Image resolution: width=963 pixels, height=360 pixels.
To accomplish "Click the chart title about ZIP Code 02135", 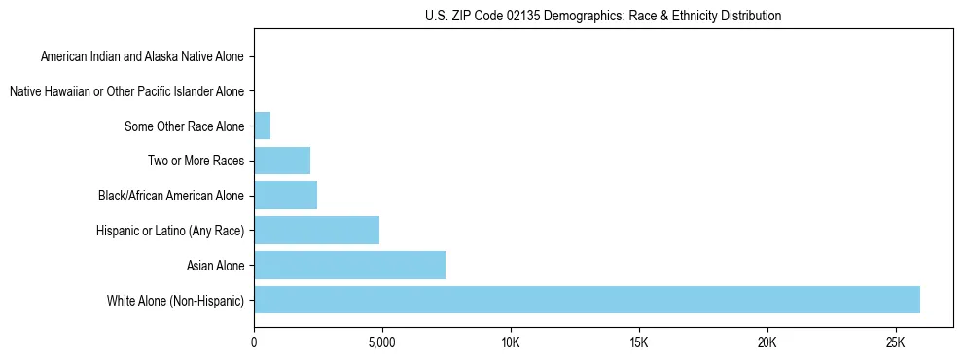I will point(603,16).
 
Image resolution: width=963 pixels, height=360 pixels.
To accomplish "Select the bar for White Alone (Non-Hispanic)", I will point(587,300).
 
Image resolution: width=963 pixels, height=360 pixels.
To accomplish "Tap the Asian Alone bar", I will point(349,265).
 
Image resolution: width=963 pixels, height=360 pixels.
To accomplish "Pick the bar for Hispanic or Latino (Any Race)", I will point(316,230).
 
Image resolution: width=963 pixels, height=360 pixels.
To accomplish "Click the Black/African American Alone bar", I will point(285,195).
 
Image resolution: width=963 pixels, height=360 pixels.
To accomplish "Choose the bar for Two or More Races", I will point(282,161).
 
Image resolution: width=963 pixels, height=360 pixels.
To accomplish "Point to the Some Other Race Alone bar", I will point(262,126).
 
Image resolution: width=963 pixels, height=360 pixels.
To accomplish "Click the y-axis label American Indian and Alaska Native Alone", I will point(142,56).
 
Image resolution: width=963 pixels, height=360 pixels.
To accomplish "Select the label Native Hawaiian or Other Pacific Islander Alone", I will point(126,91).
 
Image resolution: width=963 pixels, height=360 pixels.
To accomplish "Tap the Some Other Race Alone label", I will point(184,126).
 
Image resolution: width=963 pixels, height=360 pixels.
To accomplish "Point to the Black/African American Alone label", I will point(171,196).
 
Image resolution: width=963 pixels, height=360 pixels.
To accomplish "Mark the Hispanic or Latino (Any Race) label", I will point(170,231).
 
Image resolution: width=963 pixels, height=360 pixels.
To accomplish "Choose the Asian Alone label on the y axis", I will point(215,265).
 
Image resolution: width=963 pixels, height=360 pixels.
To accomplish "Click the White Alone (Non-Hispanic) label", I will point(176,300).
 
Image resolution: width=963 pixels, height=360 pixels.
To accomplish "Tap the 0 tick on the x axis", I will point(254,342).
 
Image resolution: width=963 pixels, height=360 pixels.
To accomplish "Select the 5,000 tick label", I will point(382,342).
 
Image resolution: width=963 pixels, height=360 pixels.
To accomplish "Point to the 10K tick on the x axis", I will point(511,342).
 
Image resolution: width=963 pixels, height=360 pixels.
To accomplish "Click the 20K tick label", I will point(767,342).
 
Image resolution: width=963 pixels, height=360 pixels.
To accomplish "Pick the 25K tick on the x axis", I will point(896,342).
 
